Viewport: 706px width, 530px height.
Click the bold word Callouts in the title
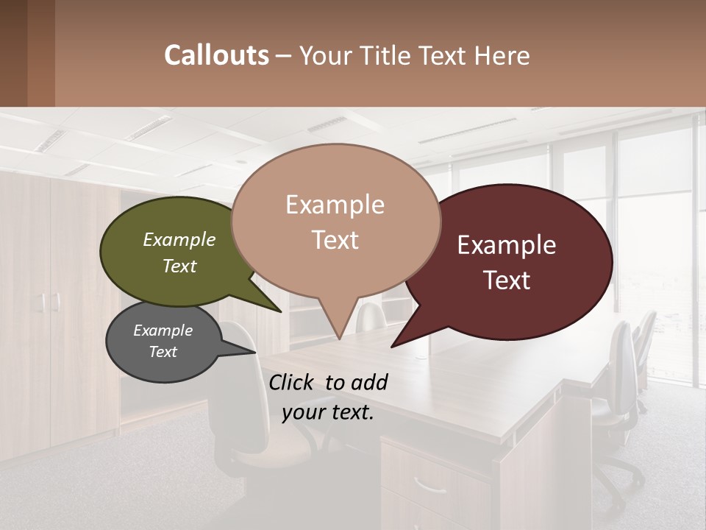pyautogui.click(x=216, y=55)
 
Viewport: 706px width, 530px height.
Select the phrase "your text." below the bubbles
pyautogui.click(x=327, y=412)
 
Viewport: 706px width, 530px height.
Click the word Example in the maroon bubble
pyautogui.click(x=507, y=245)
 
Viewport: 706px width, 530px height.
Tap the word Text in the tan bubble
pyautogui.click(x=335, y=240)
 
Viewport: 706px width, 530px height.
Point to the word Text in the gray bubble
pyautogui.click(x=163, y=352)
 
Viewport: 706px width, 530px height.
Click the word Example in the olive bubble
pyautogui.click(x=179, y=240)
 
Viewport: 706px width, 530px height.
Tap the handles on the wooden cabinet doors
pyautogui.click(x=50, y=302)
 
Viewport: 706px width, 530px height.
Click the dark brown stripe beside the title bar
pyautogui.click(x=41, y=53)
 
